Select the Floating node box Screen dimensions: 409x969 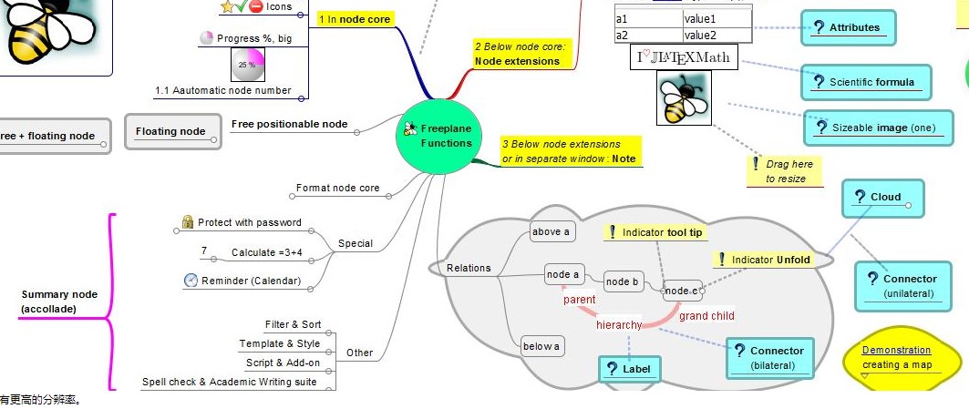point(171,131)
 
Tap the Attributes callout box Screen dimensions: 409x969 point(848,27)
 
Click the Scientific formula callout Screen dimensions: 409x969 point(867,82)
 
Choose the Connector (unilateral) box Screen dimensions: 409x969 point(909,285)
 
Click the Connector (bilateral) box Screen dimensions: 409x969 point(767,357)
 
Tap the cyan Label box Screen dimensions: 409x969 point(629,368)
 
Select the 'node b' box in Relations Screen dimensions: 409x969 point(623,281)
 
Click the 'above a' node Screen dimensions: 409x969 point(551,231)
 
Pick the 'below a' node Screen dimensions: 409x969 point(541,346)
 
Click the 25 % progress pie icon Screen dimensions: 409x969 point(247,65)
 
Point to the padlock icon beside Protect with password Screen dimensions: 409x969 point(188,222)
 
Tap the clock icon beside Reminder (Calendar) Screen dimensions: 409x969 point(191,281)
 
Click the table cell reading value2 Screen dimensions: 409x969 point(716,36)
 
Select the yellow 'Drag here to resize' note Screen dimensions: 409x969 point(784,171)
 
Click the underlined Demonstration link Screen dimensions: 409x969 point(896,350)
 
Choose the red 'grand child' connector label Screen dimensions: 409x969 point(706,316)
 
